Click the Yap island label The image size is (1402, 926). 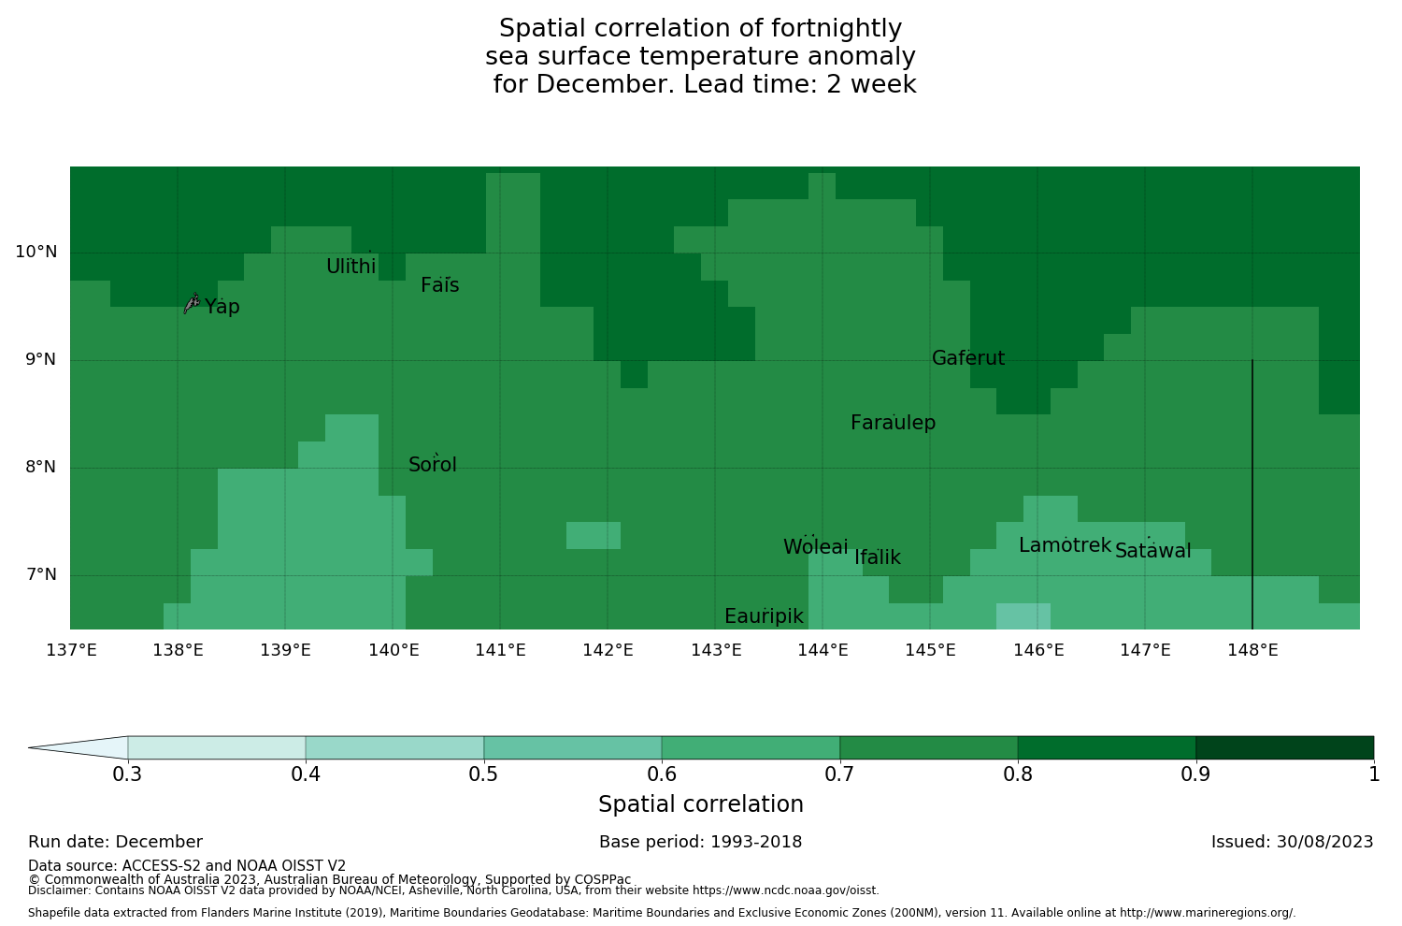pos(222,307)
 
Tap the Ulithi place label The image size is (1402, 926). pos(351,267)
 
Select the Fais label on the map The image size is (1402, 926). pos(439,285)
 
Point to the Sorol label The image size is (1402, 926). pos(433,465)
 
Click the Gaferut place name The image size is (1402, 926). pos(968,358)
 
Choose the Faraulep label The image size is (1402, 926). pos(893,423)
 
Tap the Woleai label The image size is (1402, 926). pos(816,547)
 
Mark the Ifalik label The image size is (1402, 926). pos(878,557)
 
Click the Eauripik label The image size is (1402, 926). pos(764,616)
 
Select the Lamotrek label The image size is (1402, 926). pos(1065,545)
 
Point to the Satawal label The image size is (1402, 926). pos(1152,551)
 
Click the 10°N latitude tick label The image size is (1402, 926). pos(36,252)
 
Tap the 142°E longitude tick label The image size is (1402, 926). pos(608,650)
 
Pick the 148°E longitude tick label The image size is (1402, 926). pos(1252,650)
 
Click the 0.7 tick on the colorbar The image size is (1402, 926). pos(840,774)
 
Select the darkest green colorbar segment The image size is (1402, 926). pos(1284,747)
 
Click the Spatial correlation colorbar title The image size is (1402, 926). pos(700,804)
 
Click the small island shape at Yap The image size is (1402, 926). pos(192,302)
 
